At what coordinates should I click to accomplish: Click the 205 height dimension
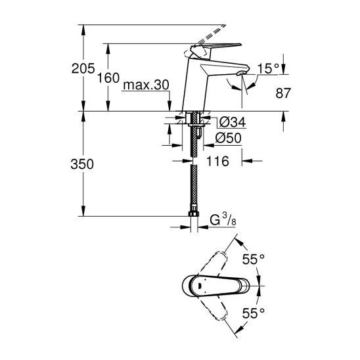click(x=83, y=68)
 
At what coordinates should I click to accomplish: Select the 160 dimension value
click(x=108, y=78)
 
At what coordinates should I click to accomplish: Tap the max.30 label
click(x=146, y=85)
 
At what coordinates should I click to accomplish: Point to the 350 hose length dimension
click(x=82, y=164)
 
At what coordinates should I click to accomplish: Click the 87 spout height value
click(x=283, y=93)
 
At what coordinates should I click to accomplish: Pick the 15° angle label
click(x=268, y=68)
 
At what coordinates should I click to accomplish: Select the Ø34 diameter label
click(x=232, y=122)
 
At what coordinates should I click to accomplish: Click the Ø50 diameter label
click(x=228, y=138)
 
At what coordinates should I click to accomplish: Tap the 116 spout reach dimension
click(x=217, y=161)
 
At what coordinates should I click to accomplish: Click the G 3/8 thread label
click(x=223, y=220)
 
